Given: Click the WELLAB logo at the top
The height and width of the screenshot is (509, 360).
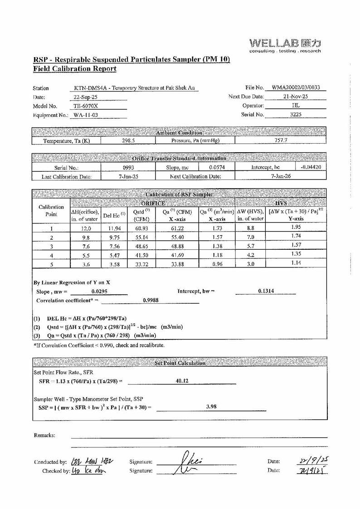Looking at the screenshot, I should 285,45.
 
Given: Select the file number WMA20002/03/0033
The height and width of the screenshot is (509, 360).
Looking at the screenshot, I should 299,87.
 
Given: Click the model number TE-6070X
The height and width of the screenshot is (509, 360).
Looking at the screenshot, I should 85,106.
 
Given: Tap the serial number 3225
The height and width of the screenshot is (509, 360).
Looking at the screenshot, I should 296,115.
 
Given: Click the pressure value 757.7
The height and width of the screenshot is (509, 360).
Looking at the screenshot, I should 281,141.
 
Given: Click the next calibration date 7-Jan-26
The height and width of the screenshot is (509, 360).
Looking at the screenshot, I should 281,176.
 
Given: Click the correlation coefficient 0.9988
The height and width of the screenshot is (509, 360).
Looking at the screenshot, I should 151,300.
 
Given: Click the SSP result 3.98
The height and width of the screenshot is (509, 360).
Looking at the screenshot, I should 211,407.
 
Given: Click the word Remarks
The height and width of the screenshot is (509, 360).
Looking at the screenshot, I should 45,435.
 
